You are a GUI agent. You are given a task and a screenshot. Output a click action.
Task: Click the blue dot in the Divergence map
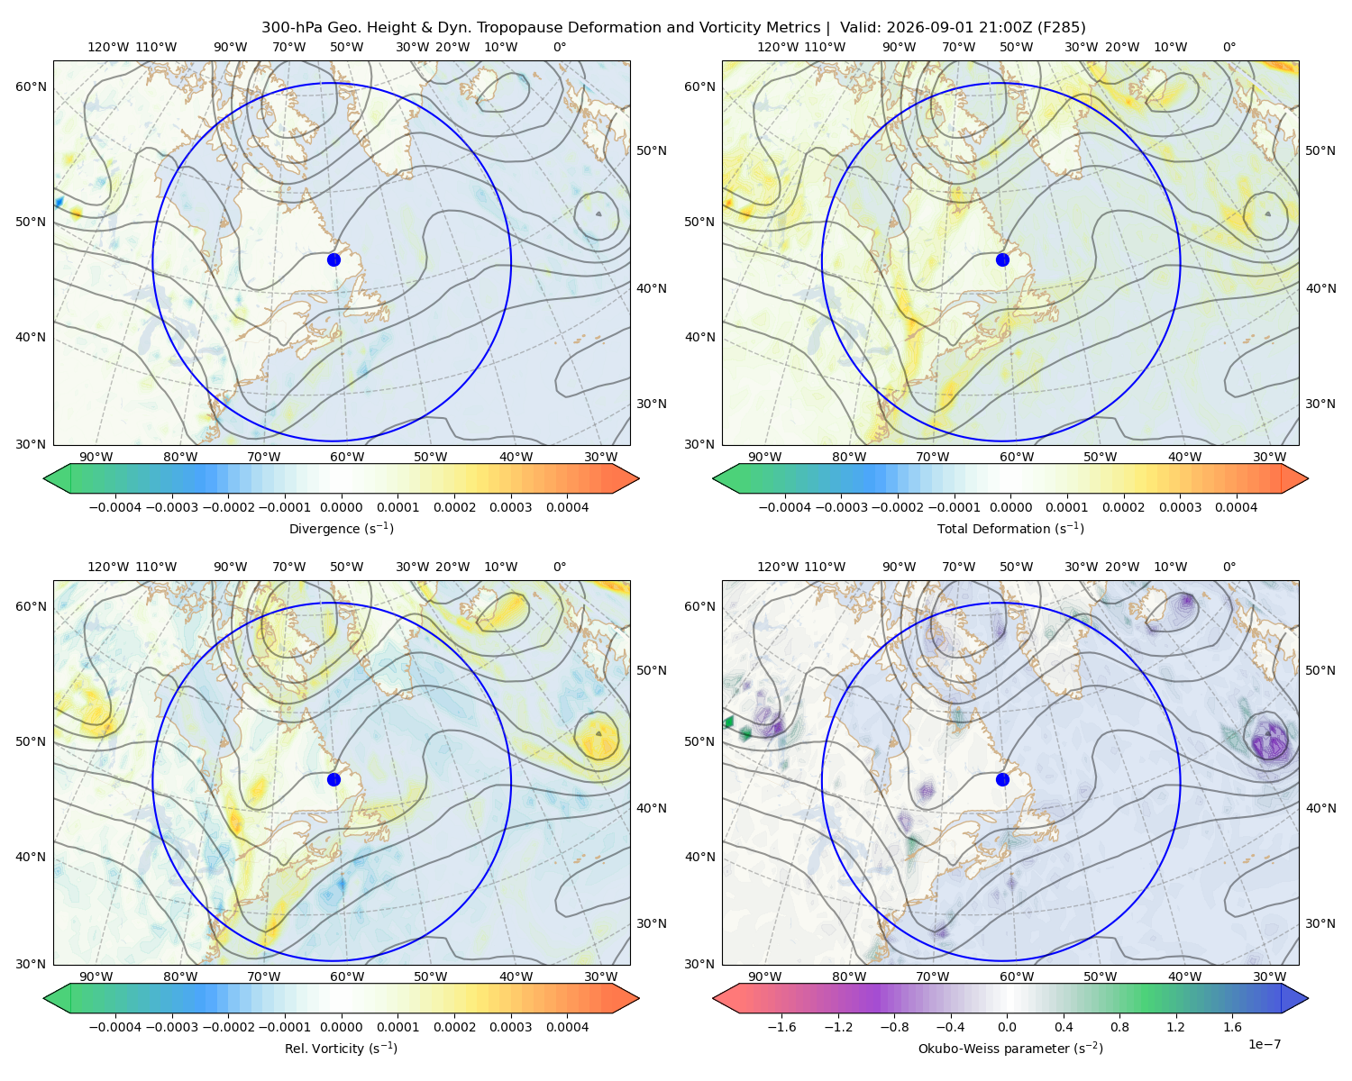[x=333, y=259]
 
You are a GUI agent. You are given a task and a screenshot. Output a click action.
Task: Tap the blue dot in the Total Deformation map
[x=1002, y=259]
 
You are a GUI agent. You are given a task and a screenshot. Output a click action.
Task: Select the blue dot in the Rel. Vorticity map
[x=333, y=779]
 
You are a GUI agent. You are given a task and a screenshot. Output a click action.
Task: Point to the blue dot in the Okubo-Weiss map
[x=1002, y=779]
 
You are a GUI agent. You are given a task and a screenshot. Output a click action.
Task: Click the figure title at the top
[x=673, y=28]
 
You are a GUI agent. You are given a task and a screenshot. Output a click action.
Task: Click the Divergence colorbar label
[x=341, y=528]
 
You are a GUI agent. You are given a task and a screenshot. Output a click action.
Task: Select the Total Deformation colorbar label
[x=1010, y=528]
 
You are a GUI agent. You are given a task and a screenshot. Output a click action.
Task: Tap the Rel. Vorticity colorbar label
[x=341, y=1048]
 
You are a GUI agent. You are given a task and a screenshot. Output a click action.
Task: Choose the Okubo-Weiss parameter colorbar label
[x=1010, y=1048]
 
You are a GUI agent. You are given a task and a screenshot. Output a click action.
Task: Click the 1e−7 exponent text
[x=1264, y=1044]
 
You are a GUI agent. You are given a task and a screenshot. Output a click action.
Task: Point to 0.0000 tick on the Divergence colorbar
[x=341, y=507]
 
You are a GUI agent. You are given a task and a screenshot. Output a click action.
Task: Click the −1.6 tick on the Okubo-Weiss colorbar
[x=781, y=1026]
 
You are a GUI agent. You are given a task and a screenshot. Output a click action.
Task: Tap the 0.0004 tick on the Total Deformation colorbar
[x=1236, y=507]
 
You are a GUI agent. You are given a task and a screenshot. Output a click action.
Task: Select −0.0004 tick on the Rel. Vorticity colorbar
[x=115, y=1026]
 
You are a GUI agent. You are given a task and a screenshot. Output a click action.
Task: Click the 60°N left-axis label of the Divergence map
[x=31, y=86]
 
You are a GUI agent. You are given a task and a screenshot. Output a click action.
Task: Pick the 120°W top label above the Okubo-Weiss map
[x=777, y=566]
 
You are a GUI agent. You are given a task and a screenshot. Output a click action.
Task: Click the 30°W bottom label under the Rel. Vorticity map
[x=600, y=977]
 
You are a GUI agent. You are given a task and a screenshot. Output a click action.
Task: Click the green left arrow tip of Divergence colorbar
[x=45, y=478]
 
